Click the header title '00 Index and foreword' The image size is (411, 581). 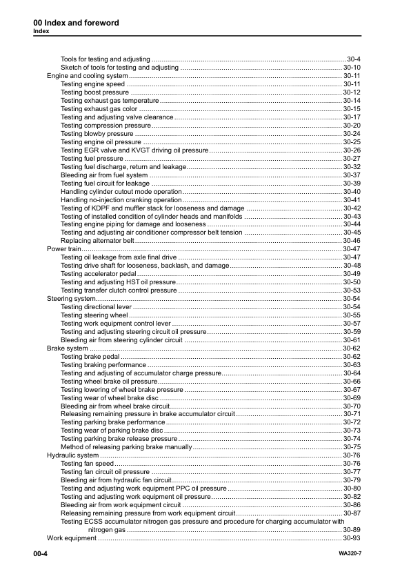coord(77,23)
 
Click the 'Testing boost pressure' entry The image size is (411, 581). coord(94,92)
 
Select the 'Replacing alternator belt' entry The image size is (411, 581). coord(97,240)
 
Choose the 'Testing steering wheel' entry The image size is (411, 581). coord(94,315)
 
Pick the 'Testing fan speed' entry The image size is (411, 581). coord(87,464)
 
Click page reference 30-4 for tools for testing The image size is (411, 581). coord(354,59)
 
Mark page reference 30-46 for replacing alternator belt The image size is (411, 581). coord(352,240)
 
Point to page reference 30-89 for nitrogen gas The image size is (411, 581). coord(352,529)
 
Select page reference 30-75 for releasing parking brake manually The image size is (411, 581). coord(352,447)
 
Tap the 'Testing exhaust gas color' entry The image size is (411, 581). coord(99,108)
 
